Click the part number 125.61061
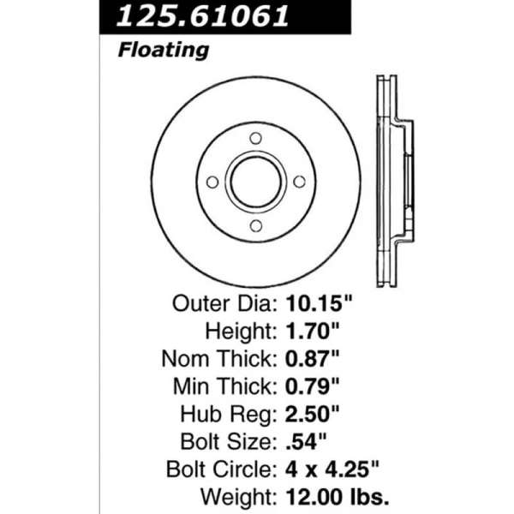[x=202, y=15]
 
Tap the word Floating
[x=164, y=51]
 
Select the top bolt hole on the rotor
[x=255, y=138]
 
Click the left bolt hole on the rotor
[x=212, y=182]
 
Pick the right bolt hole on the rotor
[x=299, y=182]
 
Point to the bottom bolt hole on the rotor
[x=256, y=225]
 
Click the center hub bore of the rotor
[x=256, y=182]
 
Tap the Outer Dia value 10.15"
[x=319, y=303]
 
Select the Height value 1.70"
[x=312, y=331]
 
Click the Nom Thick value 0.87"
[x=312, y=359]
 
